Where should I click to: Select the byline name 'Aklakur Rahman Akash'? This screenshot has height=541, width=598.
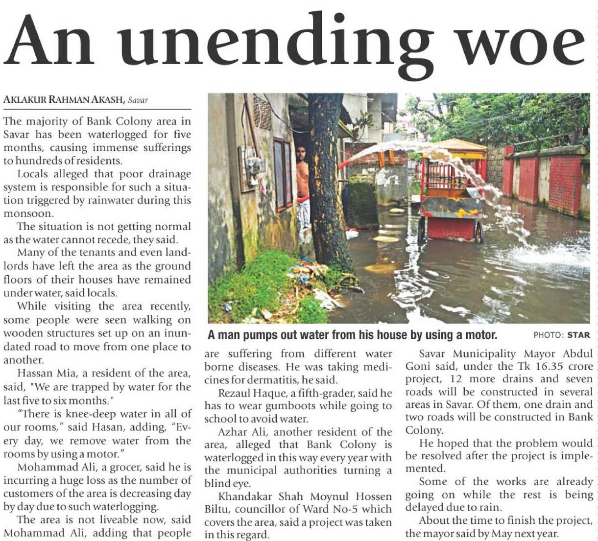pos(64,100)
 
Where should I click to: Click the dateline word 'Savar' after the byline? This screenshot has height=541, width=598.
pos(138,100)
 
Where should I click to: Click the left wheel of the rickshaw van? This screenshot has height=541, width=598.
pos(422,229)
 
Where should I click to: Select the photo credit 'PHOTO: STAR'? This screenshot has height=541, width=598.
pos(562,335)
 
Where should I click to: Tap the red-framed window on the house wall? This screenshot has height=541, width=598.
pos(283,174)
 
